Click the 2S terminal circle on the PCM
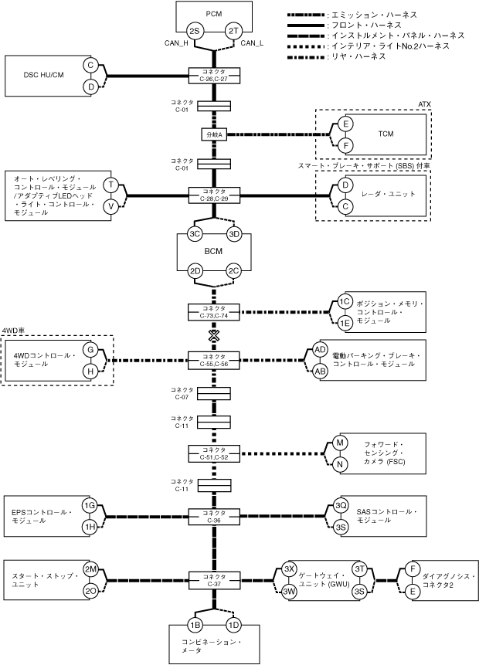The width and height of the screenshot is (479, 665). tap(195, 31)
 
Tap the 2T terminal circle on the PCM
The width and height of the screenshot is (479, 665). tap(233, 31)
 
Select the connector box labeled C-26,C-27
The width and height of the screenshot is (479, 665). tap(214, 76)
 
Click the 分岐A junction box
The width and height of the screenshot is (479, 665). tap(214, 134)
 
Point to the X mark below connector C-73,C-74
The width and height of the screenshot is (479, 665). tap(214, 336)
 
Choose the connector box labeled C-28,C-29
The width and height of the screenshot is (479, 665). tap(214, 195)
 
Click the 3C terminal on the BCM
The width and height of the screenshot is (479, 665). tap(195, 234)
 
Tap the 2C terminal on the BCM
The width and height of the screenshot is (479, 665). tap(233, 271)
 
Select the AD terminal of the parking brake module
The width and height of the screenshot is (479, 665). tap(321, 349)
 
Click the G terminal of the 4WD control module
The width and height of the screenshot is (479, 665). tap(90, 350)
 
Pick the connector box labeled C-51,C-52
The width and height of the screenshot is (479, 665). tap(214, 453)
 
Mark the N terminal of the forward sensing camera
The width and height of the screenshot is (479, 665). tap(339, 464)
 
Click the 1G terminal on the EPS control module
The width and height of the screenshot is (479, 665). tap(90, 505)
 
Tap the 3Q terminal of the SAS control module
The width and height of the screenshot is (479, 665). tap(341, 506)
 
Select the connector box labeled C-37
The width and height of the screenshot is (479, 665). tap(214, 580)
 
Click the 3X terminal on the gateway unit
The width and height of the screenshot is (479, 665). tap(290, 569)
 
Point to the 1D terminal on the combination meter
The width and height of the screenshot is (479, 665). tap(233, 625)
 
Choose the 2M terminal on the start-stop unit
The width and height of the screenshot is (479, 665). tap(90, 569)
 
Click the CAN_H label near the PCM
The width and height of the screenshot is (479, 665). tap(176, 42)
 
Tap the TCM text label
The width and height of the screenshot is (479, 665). tap(386, 134)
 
